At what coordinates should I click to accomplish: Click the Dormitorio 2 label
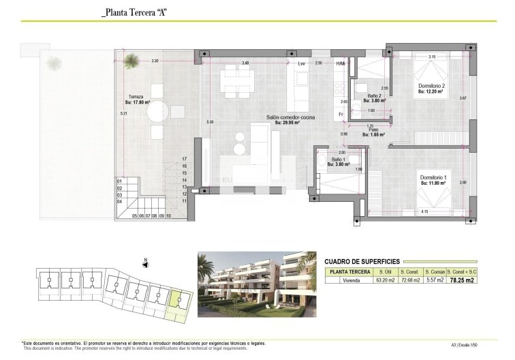pos(432,86)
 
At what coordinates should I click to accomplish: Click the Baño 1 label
pos(339,160)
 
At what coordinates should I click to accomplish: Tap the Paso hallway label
pos(373,131)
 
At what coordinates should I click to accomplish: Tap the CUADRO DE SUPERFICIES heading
pos(362,261)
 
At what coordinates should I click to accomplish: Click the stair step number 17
pos(185,158)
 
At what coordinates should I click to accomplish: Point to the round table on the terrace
pos(156,110)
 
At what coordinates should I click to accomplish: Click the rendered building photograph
pos(256,285)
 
